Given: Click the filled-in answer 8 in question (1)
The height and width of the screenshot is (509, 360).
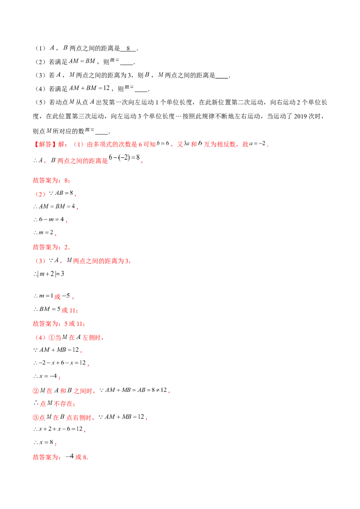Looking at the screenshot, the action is coord(128,49).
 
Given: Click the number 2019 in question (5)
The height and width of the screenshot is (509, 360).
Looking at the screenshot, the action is coord(301,116).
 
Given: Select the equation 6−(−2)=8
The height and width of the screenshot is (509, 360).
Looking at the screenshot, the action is coord(124,157).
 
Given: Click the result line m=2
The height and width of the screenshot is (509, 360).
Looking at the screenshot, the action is coord(46,232).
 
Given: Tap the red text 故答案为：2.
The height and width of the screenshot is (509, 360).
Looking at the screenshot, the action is coord(51,247).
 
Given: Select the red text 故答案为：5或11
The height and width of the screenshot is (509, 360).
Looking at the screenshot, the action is coord(59,324).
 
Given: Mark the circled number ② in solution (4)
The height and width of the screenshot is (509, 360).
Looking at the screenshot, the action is coord(36,390).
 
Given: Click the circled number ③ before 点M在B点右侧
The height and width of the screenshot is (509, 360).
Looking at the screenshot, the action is coord(36,417).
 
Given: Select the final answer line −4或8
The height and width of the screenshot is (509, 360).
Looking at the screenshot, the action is coord(76,457).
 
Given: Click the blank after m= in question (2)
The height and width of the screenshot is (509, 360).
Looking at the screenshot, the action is coord(127,62).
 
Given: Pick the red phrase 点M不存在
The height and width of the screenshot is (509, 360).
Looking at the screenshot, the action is coord(57,403).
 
